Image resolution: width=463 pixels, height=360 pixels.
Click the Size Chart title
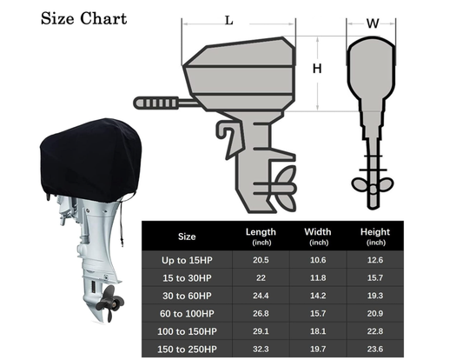[x=83, y=18]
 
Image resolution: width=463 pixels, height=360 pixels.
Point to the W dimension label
[x=372, y=23]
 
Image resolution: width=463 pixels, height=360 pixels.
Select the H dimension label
[x=317, y=68]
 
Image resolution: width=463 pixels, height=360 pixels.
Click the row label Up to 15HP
[x=187, y=258]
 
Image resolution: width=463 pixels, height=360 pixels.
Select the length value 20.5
[x=261, y=258]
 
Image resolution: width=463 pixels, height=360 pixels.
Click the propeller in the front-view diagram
[x=373, y=184]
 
